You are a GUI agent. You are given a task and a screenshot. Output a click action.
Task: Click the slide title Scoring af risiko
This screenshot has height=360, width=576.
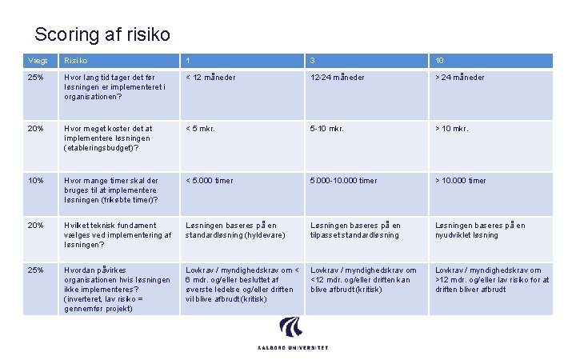click(102, 34)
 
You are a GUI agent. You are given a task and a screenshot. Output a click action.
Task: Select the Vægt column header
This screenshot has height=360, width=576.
click(38, 61)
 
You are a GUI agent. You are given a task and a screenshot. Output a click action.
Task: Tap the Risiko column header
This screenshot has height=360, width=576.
click(76, 61)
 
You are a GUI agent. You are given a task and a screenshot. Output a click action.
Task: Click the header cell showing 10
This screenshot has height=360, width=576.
click(440, 61)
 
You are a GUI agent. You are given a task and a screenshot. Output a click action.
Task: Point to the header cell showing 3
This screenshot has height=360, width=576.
click(313, 61)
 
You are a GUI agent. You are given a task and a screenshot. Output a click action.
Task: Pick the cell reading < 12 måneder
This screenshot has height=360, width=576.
click(211, 78)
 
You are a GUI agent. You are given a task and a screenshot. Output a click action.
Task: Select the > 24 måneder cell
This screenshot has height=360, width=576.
click(460, 78)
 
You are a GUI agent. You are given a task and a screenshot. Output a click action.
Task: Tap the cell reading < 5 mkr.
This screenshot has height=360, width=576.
click(201, 129)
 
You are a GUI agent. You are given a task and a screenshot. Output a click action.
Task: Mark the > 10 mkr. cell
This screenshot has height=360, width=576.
click(451, 129)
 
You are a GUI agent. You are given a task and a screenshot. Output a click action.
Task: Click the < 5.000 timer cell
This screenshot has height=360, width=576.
click(210, 181)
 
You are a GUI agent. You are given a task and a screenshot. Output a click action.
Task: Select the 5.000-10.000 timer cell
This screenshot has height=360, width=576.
click(344, 181)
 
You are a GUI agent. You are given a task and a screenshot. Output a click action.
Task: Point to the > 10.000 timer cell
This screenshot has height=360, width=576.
click(460, 181)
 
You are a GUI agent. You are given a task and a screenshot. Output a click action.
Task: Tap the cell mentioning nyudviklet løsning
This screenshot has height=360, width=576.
click(480, 230)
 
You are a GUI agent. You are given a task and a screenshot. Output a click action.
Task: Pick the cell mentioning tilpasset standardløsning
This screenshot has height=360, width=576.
click(355, 230)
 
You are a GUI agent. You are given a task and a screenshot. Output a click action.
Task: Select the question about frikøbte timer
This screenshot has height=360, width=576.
click(111, 190)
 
